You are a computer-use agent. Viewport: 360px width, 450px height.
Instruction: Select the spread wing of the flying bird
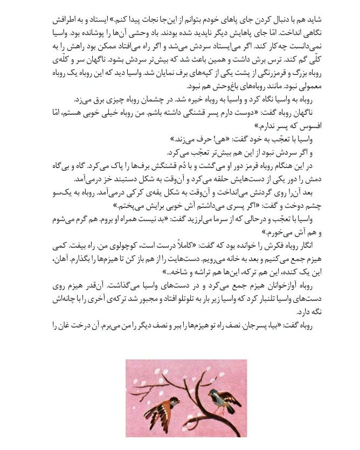(x=151, y=403)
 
